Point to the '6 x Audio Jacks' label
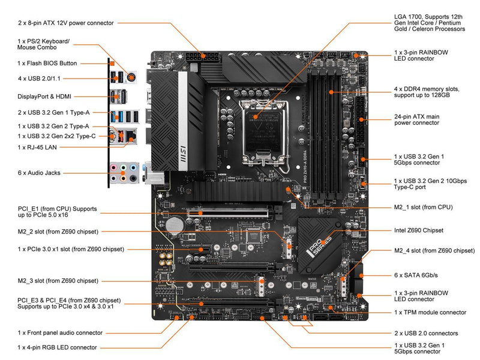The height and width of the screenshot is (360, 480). click(40, 173)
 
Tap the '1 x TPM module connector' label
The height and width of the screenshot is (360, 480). click(430, 312)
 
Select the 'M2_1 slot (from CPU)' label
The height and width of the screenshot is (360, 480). click(423, 207)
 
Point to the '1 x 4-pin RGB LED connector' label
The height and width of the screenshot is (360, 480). click(58, 347)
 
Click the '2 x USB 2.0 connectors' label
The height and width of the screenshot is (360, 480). click(426, 333)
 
